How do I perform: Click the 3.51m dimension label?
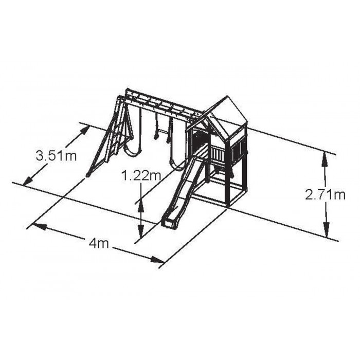56,156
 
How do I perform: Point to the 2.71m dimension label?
325,195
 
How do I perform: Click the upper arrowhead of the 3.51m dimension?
84,131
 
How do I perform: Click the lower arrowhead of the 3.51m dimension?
27,181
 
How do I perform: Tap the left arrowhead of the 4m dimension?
39,226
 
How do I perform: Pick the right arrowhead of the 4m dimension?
157,260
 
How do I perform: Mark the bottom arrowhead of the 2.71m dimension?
326,230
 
